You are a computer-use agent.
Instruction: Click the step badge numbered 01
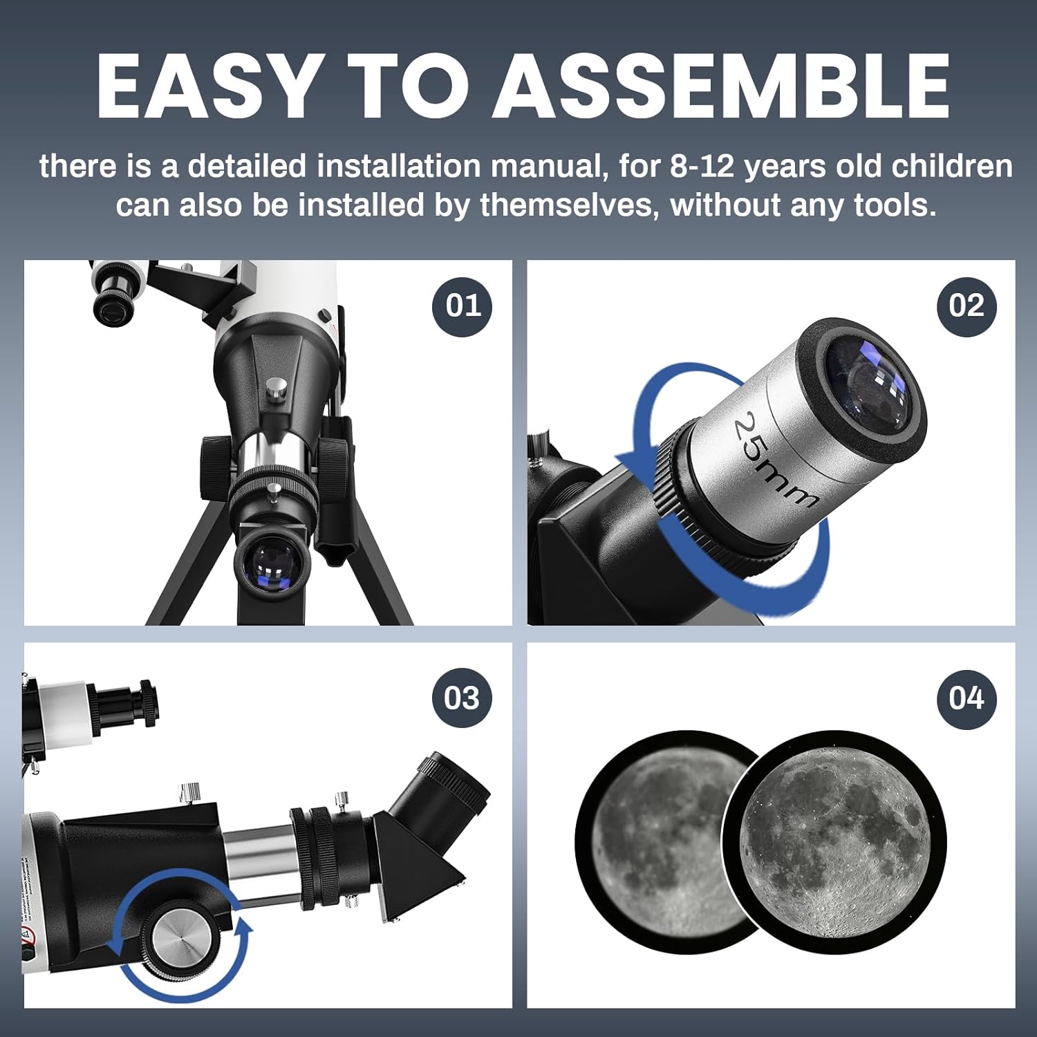462,306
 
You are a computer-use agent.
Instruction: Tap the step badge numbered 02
966,306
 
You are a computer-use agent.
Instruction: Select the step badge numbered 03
462,698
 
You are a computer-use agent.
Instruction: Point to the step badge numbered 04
966,698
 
